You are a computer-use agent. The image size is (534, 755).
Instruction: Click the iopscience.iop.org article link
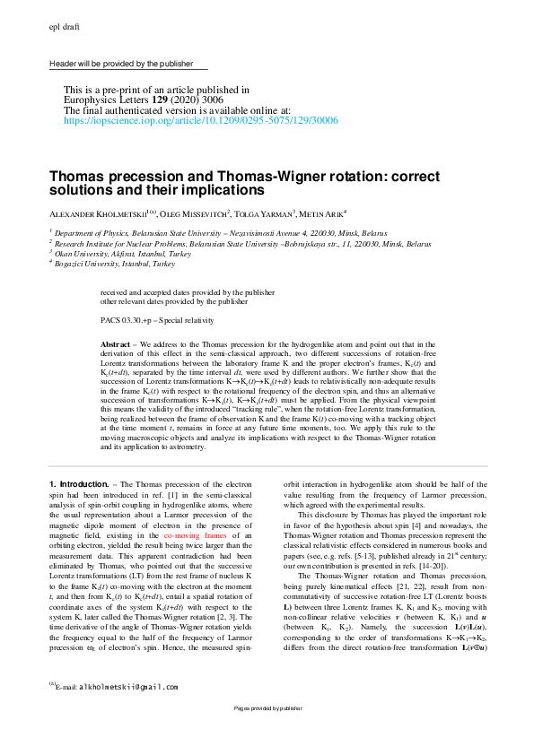[200, 118]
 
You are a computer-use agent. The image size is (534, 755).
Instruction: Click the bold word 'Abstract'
[116, 344]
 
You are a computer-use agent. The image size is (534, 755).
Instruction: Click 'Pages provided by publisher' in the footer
[267, 733]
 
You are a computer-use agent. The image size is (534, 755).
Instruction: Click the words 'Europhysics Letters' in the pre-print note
[104, 100]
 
